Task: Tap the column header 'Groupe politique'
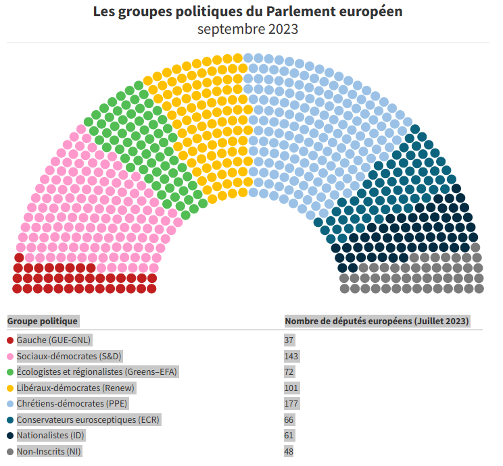pyautogui.click(x=43, y=321)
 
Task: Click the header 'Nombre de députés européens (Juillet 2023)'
pyautogui.click(x=377, y=321)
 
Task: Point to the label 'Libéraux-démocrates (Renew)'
pyautogui.click(x=76, y=388)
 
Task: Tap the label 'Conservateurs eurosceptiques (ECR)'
pyautogui.click(x=89, y=419)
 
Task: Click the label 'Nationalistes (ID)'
pyautogui.click(x=51, y=436)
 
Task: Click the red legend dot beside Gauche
pyautogui.click(x=10, y=340)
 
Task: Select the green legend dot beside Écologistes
pyautogui.click(x=10, y=371)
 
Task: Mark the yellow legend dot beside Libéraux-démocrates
pyautogui.click(x=10, y=388)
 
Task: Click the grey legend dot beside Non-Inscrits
pyautogui.click(x=10, y=452)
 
